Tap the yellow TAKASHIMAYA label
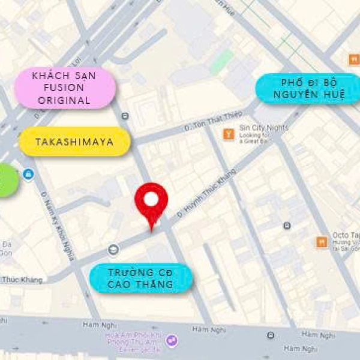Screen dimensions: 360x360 (x=75, y=142)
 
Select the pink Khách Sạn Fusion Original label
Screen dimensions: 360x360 (x=64, y=88)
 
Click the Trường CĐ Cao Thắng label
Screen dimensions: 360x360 (x=141, y=278)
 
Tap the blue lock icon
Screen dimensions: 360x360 (x=28, y=174)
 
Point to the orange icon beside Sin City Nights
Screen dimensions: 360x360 (x=228, y=134)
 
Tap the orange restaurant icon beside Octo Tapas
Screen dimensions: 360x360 (x=322, y=242)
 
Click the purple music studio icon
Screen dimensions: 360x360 (x=172, y=340)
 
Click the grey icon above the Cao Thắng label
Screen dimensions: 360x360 (x=113, y=249)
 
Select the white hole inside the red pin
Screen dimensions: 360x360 (x=151, y=198)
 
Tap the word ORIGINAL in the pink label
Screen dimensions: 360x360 (x=64, y=100)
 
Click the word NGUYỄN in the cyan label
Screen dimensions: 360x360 (x=308, y=95)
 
